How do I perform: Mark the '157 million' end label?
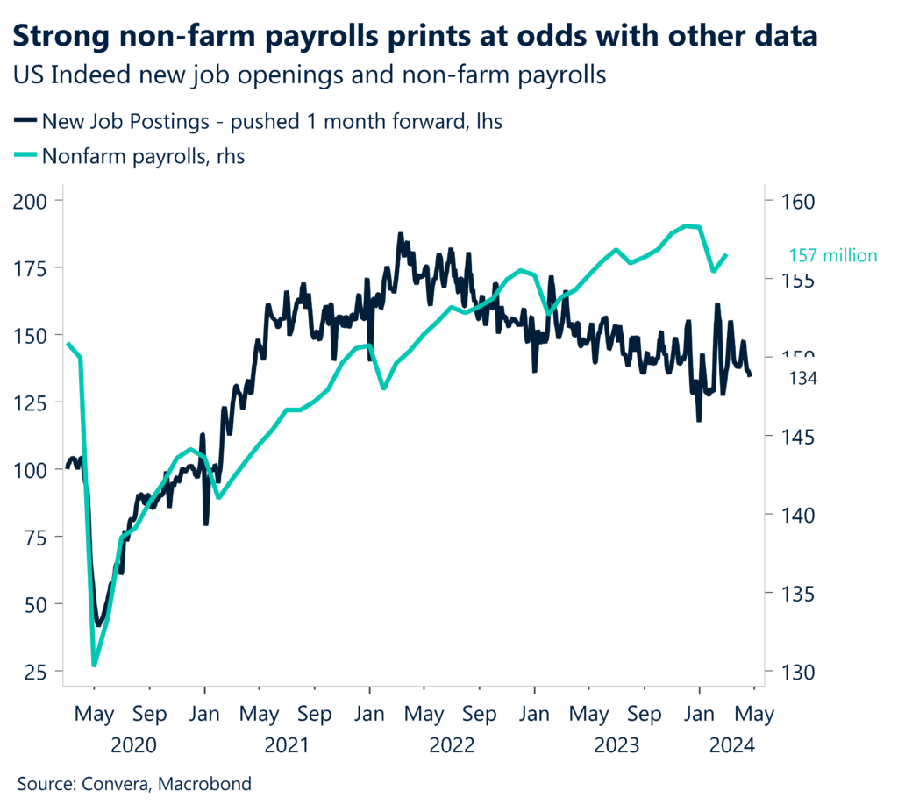832,256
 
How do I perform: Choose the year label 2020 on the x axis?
133,745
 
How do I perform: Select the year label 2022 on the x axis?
452,745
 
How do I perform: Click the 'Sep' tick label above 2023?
645,715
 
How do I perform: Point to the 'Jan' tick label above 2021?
204,715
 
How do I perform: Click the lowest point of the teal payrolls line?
94,665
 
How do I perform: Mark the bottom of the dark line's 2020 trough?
98,624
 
